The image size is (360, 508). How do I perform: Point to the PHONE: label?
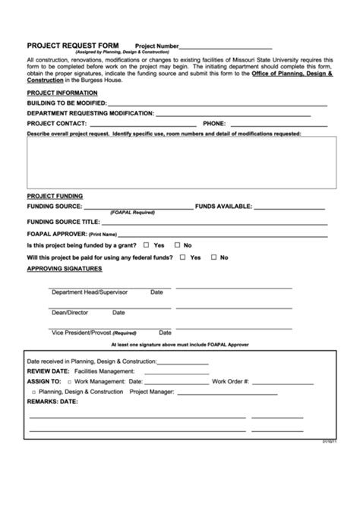(x=213, y=122)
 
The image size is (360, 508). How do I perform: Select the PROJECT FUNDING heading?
(x=55, y=196)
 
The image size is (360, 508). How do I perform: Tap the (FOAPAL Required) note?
(x=132, y=213)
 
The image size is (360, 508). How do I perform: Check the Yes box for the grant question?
(x=146, y=245)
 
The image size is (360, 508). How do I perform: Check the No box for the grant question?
(x=177, y=245)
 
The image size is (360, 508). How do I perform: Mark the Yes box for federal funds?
(x=182, y=257)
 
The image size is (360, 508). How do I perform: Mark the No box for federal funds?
(x=213, y=257)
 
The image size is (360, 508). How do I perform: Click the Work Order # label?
(x=230, y=381)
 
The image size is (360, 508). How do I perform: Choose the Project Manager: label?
(x=152, y=392)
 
